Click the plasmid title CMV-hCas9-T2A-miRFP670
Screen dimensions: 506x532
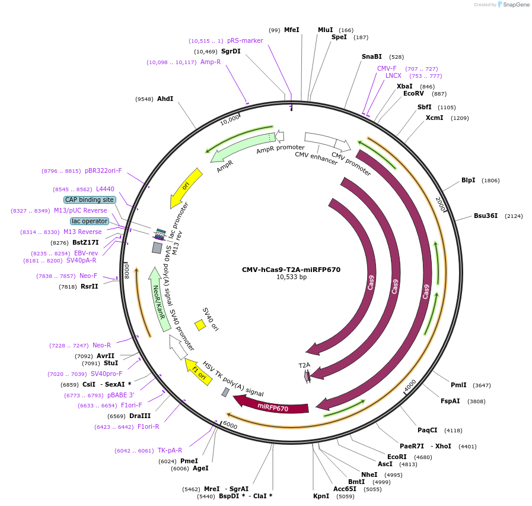coord(291,270)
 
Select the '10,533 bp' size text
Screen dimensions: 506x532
coord(291,277)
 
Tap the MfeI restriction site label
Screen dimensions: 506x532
coord(292,30)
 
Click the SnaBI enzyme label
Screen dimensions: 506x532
coord(372,57)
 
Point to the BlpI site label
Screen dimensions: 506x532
coord(469,181)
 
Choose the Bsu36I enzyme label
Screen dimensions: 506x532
coord(486,216)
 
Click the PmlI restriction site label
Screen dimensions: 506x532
coord(458,385)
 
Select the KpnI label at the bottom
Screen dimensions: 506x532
coord(321,496)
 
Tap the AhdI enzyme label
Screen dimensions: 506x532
coord(165,99)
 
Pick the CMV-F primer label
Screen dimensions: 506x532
coord(387,68)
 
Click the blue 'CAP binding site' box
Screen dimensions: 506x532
coord(90,200)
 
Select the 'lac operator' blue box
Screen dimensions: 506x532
coord(90,222)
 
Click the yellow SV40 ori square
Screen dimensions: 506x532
coord(200,325)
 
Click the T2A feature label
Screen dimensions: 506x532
coord(304,365)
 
